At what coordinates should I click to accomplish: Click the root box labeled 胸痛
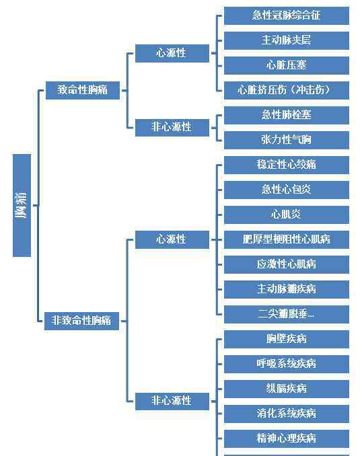pyautogui.click(x=22, y=205)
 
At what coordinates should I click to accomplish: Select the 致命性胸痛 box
pyautogui.click(x=83, y=90)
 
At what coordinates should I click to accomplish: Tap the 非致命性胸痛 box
pyautogui.click(x=82, y=321)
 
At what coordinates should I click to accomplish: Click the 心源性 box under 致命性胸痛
pyautogui.click(x=172, y=53)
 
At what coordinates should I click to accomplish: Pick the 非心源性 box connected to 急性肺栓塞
pyautogui.click(x=172, y=127)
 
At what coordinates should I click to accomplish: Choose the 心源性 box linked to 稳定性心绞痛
pyautogui.click(x=172, y=239)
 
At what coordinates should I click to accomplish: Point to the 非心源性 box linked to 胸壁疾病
pyautogui.click(x=172, y=402)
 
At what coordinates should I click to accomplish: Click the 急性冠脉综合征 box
pyautogui.click(x=287, y=15)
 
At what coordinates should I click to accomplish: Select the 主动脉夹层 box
pyautogui.click(x=287, y=40)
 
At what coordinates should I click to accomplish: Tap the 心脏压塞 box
pyautogui.click(x=287, y=65)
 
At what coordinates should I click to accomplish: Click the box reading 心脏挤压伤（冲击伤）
pyautogui.click(x=287, y=90)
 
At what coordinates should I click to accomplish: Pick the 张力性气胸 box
pyautogui.click(x=287, y=140)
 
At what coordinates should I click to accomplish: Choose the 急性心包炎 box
pyautogui.click(x=287, y=190)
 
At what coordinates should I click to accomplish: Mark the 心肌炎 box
pyautogui.click(x=287, y=215)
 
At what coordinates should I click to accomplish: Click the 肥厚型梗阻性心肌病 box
pyautogui.click(x=287, y=239)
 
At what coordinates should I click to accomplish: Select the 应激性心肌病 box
pyautogui.click(x=287, y=264)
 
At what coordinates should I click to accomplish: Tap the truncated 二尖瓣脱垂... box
pyautogui.click(x=287, y=314)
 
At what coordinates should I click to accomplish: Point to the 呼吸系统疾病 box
pyautogui.click(x=287, y=364)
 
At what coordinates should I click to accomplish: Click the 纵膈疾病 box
pyautogui.click(x=287, y=389)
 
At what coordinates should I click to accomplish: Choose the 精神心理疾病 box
pyautogui.click(x=287, y=439)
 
